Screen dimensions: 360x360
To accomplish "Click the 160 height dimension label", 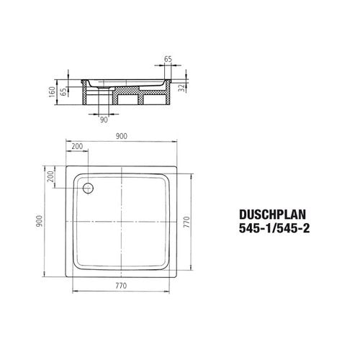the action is click(52, 92).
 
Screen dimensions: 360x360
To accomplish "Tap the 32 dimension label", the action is click(183, 87).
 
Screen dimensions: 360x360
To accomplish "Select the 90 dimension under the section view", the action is click(104, 120).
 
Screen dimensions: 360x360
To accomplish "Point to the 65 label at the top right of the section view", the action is click(168, 59).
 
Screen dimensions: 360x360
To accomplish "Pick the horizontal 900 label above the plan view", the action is click(122, 136).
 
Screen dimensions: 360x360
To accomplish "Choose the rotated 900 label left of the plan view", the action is click(39, 221).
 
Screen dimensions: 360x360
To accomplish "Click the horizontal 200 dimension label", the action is click(77, 146).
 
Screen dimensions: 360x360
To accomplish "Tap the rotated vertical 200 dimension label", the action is click(50, 176).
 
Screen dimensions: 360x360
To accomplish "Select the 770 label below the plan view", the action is click(121, 286).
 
